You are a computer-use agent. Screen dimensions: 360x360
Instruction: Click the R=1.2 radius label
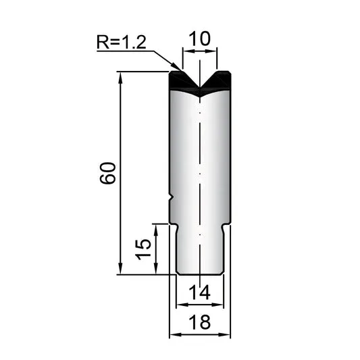pyautogui.click(x=121, y=42)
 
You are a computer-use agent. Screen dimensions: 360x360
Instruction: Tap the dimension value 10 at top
pyautogui.click(x=199, y=38)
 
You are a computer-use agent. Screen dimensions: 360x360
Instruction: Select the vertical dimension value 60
pyautogui.click(x=107, y=173)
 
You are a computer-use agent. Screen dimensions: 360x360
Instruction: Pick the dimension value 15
pyautogui.click(x=143, y=249)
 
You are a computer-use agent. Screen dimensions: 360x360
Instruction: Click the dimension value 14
pyautogui.click(x=199, y=292)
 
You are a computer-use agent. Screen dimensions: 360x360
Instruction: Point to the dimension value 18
pyautogui.click(x=199, y=322)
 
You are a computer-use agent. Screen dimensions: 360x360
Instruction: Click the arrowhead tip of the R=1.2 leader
pyautogui.click(x=182, y=70)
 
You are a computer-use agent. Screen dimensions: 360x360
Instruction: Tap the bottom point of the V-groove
pyautogui.click(x=200, y=88)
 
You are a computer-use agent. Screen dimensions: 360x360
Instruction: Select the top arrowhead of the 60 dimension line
pyautogui.click(x=120, y=72)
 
